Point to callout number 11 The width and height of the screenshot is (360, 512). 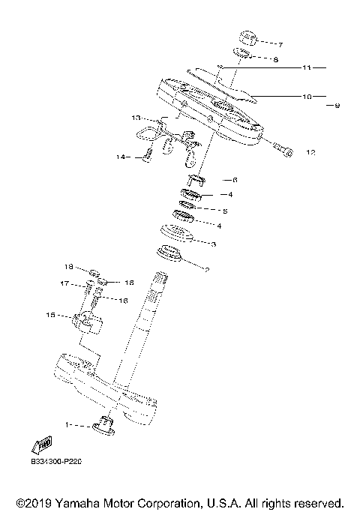(x=306, y=68)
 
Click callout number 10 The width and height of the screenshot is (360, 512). (x=306, y=96)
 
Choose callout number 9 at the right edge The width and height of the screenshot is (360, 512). (x=337, y=106)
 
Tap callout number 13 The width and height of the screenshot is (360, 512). (x=136, y=118)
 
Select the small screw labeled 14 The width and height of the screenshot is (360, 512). (x=148, y=156)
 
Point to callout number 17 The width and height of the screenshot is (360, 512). (x=65, y=283)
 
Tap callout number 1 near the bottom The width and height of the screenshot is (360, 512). (x=67, y=425)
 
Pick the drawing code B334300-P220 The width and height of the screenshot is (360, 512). (x=55, y=462)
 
